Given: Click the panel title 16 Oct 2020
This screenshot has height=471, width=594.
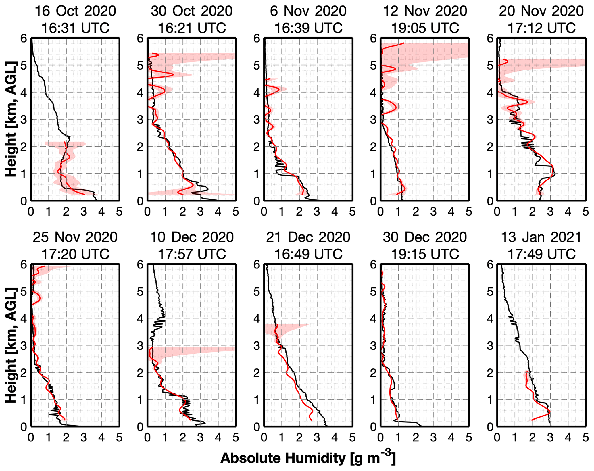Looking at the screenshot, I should pos(75,11).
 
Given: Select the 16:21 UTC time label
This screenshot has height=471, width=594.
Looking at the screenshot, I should pos(192,28).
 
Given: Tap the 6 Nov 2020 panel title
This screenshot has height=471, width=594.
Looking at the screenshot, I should pos(308,11).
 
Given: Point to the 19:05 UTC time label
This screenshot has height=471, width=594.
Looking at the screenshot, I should pos(425,28).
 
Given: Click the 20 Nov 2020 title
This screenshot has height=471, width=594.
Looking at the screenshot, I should pos(541,11).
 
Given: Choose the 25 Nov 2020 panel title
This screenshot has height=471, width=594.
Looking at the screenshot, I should pos(75,237).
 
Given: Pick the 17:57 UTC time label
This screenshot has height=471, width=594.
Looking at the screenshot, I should pos(192,254).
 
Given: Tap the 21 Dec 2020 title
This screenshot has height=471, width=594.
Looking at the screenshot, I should pos(308,237).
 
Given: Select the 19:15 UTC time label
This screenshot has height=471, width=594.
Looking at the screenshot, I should pos(425,254).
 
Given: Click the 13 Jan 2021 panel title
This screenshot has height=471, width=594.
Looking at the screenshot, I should pos(541,237).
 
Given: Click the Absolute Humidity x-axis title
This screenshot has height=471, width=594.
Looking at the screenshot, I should pos(308,458).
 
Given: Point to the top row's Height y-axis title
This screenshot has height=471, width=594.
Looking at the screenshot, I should pos(11,119).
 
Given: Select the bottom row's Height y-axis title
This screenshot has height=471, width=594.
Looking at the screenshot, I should pos(11,345).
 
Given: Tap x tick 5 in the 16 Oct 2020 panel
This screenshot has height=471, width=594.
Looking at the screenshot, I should pos(119,212).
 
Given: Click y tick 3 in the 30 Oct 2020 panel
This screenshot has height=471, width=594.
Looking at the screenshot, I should pos(140,120).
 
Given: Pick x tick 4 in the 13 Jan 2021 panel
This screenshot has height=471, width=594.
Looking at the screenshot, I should pos(568,438).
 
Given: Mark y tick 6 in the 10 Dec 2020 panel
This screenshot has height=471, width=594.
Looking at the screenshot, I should pos(140,264).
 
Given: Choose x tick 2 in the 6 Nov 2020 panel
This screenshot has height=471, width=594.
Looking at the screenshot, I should pos(299,212).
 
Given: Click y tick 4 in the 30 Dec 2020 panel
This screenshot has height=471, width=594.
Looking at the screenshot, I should pos(373,318).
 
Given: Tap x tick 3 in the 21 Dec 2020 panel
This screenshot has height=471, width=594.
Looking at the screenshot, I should pos(317,438).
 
